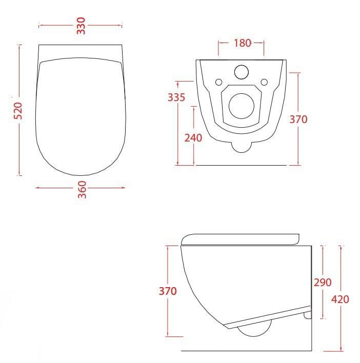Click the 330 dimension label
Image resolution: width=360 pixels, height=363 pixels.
click(81, 26)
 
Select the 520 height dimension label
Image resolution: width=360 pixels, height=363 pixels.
click(18, 111)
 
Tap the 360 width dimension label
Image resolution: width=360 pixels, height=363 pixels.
click(82, 190)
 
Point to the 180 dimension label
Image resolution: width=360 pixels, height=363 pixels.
click(242, 43)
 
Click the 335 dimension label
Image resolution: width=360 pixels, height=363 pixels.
click(176, 97)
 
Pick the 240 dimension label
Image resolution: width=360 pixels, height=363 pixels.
click(193, 138)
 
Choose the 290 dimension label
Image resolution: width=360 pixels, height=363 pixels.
click(323, 282)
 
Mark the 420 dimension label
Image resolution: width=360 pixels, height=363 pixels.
click(340, 299)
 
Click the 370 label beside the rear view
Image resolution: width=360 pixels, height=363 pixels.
click(298, 119)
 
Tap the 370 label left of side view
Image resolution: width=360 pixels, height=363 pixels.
click(168, 291)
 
